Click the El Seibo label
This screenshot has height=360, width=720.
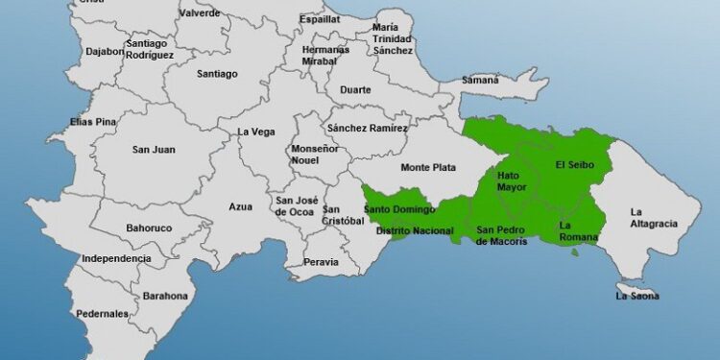575,165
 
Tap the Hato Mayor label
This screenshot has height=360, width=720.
512,181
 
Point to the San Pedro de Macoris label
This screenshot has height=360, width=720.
502,235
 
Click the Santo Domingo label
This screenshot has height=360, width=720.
399,209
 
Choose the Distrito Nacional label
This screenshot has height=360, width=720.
415,231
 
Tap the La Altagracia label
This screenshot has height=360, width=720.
654,218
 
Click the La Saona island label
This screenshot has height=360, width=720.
637,296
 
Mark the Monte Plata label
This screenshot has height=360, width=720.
428,168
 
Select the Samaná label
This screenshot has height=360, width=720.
481,80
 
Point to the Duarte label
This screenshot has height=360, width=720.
355,90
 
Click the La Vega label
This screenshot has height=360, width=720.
256,132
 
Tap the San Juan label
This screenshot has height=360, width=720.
153,149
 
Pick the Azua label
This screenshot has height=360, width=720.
240,206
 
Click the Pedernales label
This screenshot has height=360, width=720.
103,314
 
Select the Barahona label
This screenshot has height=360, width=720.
165,297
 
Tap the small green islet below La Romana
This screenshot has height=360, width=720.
575,252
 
